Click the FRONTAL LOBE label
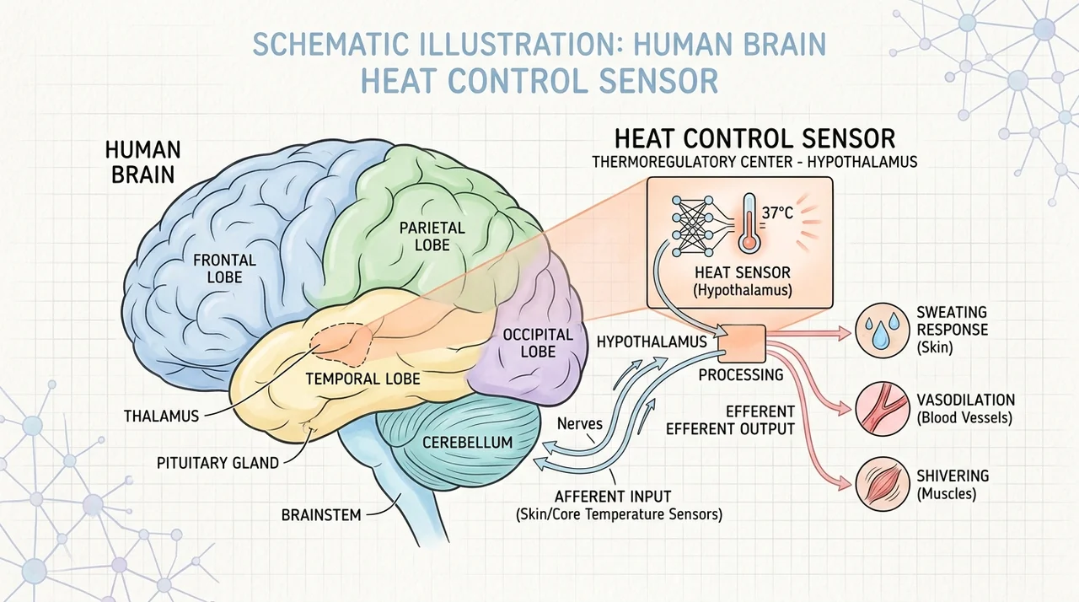pos(224,269)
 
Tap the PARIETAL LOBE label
pos(432,236)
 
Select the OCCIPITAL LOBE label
pos(538,343)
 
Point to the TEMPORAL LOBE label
pos(362,379)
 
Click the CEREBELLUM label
pos(467,442)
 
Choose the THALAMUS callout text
pos(161,417)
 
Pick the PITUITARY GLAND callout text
pos(217,463)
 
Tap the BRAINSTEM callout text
pos(321,515)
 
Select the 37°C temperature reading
pos(777,212)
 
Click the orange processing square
pos(742,343)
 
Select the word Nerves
pos(579,423)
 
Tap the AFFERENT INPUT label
pos(613,496)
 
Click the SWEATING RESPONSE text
pos(952,321)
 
